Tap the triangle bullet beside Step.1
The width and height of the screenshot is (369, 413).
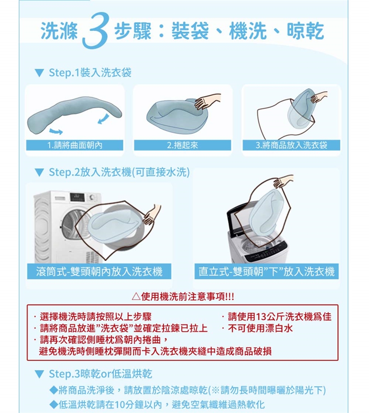point(39,73)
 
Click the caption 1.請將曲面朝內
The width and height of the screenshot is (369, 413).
point(75,145)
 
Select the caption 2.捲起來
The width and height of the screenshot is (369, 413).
point(183,145)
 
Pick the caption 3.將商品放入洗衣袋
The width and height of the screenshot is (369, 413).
point(291,145)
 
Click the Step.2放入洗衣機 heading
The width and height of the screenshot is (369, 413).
point(119,172)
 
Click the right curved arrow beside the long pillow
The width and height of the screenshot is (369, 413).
point(103,118)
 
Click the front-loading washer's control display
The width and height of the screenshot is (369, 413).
point(77,197)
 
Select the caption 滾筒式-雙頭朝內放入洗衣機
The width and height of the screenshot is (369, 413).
point(99,271)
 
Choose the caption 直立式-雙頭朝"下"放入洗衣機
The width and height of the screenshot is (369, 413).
point(266,271)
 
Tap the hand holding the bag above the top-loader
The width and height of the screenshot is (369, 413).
point(283,181)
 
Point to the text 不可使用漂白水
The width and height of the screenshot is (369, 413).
point(260,328)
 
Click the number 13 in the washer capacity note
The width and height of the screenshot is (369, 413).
point(261,316)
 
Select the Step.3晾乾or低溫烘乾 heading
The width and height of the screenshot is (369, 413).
point(101,374)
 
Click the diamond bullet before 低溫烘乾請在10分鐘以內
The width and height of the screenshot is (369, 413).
point(53,405)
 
